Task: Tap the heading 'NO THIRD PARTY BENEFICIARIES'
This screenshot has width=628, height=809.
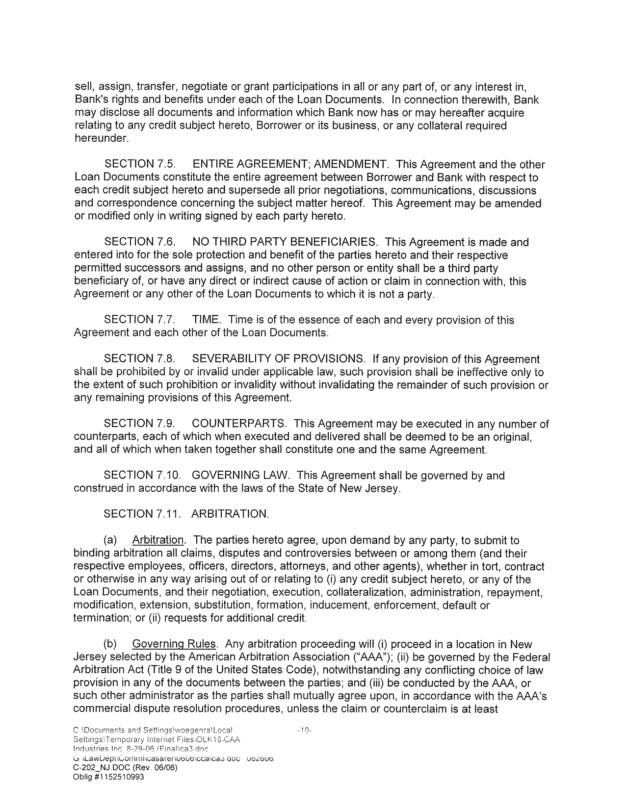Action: click(x=285, y=242)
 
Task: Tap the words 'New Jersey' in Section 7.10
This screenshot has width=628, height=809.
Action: click(x=376, y=488)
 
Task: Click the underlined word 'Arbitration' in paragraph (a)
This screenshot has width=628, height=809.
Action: click(x=158, y=540)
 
